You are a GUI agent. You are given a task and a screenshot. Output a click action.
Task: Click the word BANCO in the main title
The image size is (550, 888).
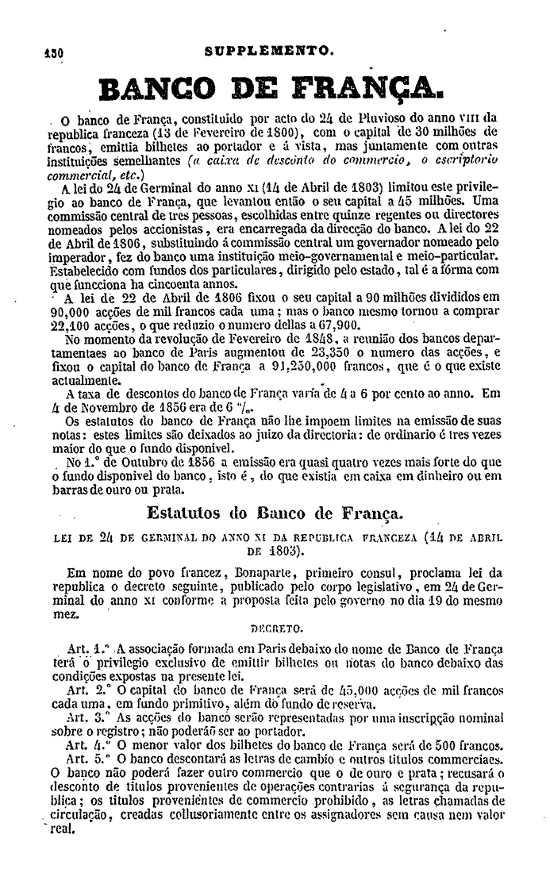pyautogui.click(x=155, y=94)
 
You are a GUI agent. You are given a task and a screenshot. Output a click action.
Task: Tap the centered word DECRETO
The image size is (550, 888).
pyautogui.click(x=271, y=625)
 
